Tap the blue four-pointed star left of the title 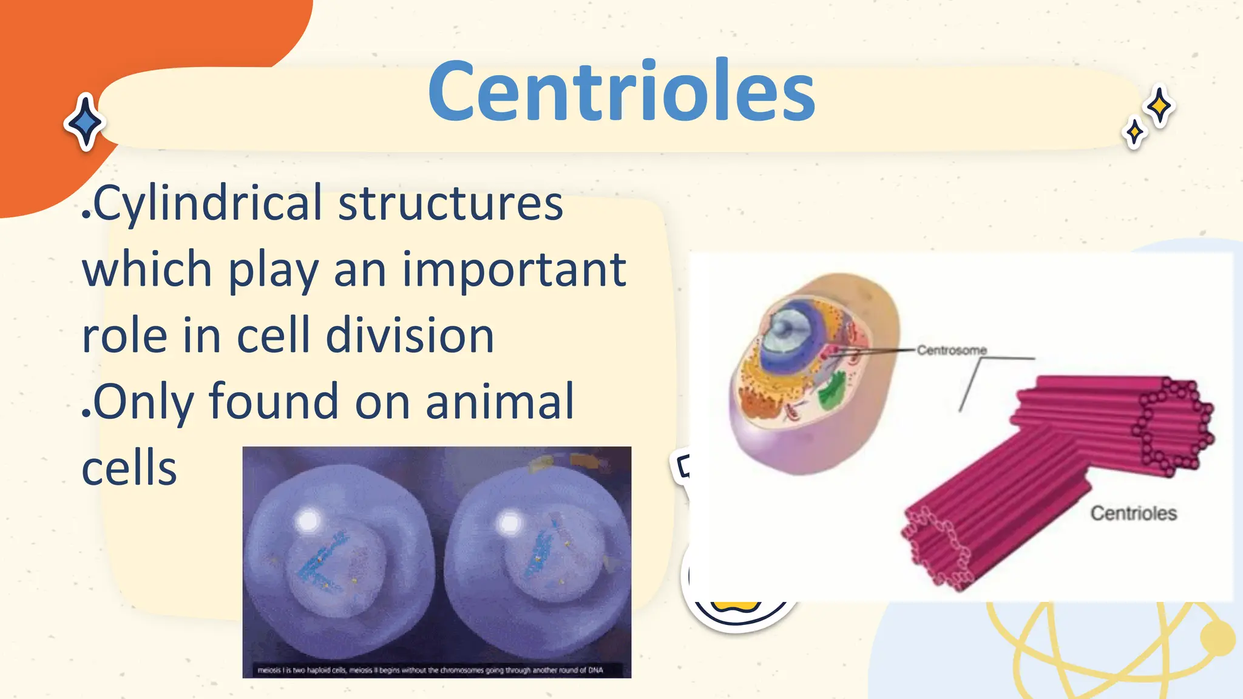pos(86,122)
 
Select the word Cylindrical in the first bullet pos(207,204)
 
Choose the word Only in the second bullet pos(143,402)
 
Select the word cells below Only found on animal pos(129,468)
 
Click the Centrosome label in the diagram pos(951,350)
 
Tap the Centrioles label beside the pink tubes pos(1133,513)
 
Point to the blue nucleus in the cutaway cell pos(789,331)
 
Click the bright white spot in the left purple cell pos(308,521)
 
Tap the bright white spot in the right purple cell pos(509,522)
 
